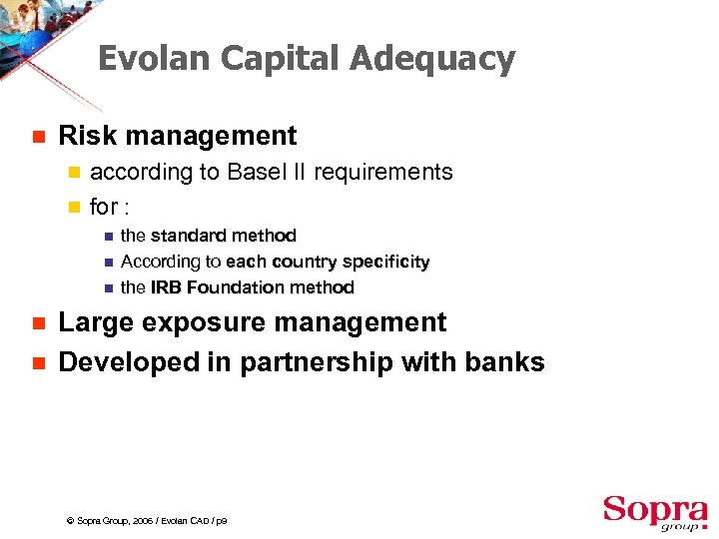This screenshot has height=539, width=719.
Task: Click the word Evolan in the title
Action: (154, 59)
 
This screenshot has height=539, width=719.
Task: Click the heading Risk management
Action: (178, 136)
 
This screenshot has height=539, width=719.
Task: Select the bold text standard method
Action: (223, 236)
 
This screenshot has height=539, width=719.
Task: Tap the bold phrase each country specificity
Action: (328, 262)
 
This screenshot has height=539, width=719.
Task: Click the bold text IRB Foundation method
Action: (252, 287)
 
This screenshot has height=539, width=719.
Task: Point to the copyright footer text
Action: (146, 521)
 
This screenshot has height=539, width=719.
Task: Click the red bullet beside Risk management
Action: (37, 137)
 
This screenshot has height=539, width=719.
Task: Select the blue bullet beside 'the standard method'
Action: (108, 237)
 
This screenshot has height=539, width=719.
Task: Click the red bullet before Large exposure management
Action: (37, 323)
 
